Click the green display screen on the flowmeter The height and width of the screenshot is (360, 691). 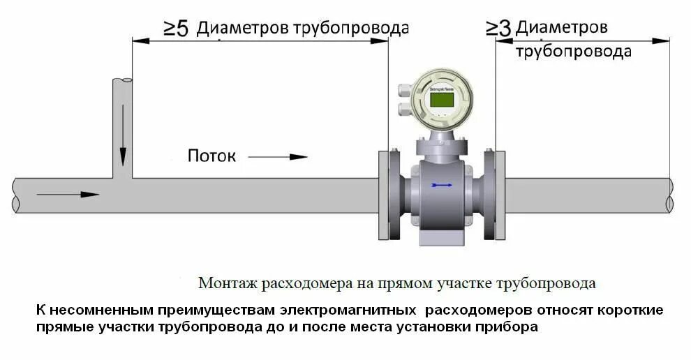441,100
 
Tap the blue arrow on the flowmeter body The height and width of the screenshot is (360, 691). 441,185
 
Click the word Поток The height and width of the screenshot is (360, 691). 211,156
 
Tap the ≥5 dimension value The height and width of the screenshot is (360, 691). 176,29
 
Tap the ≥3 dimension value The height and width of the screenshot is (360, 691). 498,28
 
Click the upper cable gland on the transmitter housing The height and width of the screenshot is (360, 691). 403,90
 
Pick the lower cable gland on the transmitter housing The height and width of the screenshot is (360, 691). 403,109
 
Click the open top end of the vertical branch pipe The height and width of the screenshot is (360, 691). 123,81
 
